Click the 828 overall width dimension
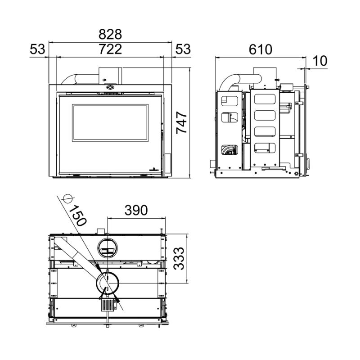(x=110, y=35)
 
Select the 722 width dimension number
(x=110, y=49)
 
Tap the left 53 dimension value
(x=37, y=49)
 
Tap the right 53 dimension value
(x=183, y=49)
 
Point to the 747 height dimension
(x=181, y=122)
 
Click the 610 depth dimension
(x=261, y=49)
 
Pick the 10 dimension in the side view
(x=320, y=61)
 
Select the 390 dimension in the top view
(x=136, y=210)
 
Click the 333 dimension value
(x=179, y=258)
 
